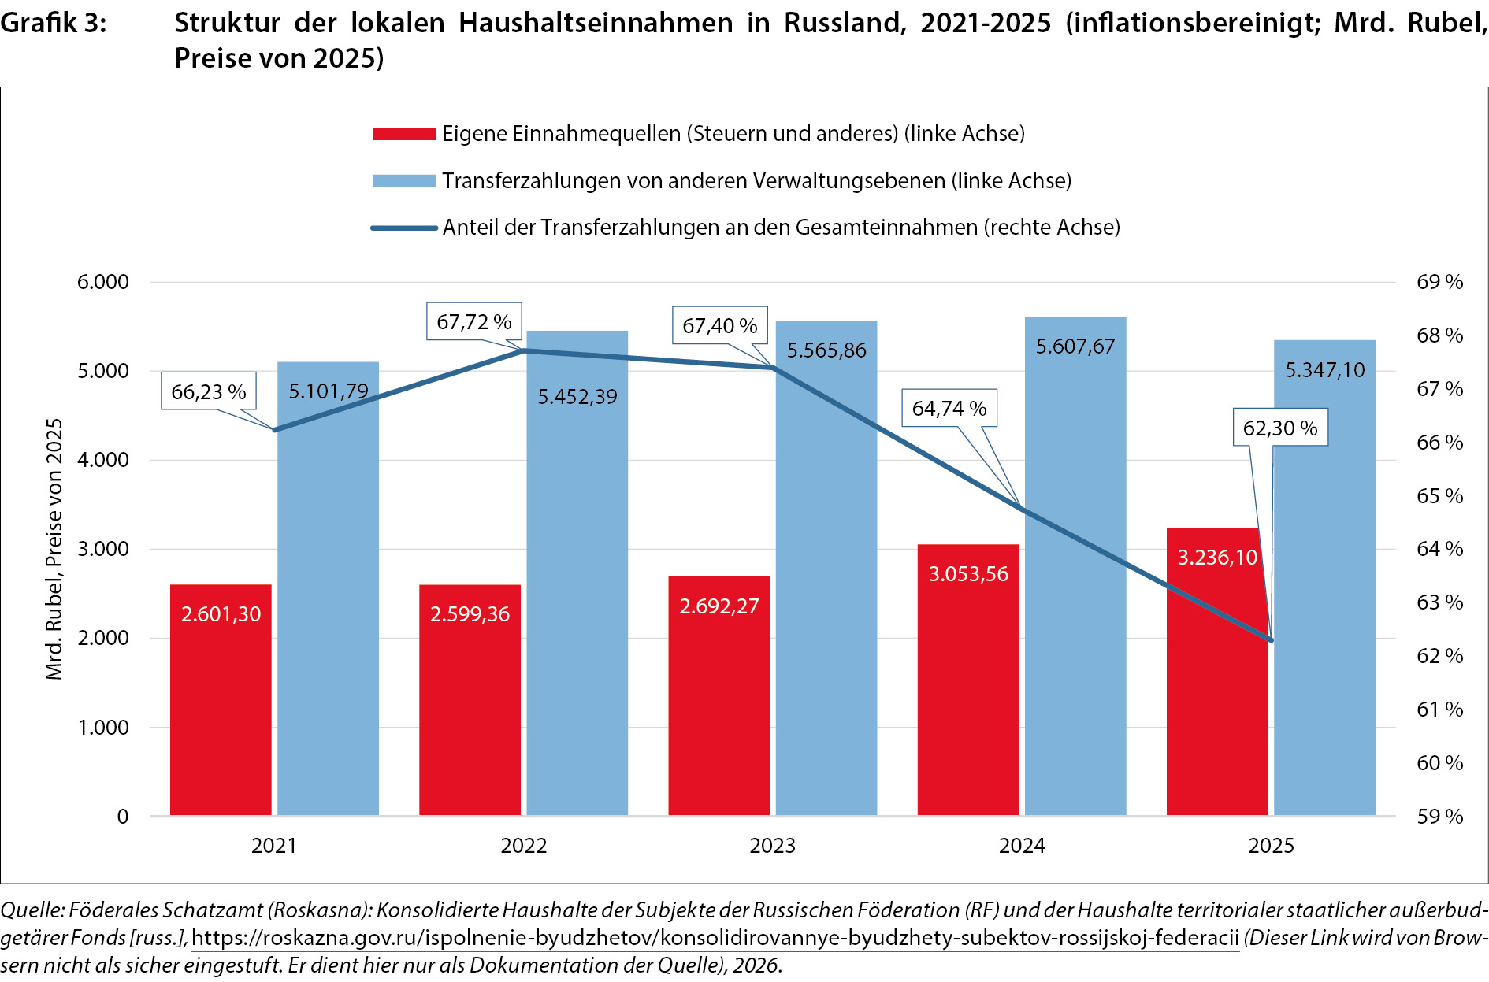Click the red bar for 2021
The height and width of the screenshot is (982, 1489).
[221, 699]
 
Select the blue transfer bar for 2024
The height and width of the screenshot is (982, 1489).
[1075, 565]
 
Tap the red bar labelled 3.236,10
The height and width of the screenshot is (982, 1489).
[1217, 671]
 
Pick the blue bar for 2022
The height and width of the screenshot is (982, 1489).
[577, 573]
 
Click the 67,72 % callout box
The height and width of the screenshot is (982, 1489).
[474, 321]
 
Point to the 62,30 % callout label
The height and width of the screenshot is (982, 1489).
[1280, 428]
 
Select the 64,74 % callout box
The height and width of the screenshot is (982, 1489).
[949, 408]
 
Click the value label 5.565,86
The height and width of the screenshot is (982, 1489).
[826, 350]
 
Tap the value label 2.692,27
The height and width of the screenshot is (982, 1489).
[719, 606]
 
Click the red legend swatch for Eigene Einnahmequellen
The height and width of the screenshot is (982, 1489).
[404, 134]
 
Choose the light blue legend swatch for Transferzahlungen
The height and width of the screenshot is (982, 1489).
[404, 181]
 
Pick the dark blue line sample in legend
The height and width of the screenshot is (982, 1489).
[404, 228]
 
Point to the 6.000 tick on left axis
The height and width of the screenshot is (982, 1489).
[103, 282]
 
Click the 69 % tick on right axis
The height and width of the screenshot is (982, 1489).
[1439, 282]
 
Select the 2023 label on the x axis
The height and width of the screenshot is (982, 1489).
[773, 846]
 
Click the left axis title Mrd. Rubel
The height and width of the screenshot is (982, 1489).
[54, 549]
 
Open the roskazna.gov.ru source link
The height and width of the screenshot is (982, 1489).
[715, 938]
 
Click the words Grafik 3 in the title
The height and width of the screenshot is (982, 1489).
[54, 24]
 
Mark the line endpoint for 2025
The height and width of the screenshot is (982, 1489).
[1271, 640]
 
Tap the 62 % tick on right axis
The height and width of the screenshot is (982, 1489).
[1439, 656]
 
